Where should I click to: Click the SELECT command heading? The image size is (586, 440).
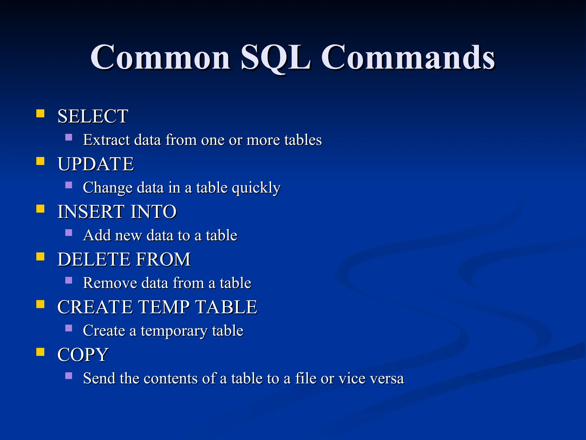coord(93,116)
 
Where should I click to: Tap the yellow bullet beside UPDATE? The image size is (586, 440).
coord(40,161)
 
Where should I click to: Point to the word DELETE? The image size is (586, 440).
coord(93,259)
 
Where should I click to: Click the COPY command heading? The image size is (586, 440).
coord(83,355)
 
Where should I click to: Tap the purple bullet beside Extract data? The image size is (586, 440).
coord(69,137)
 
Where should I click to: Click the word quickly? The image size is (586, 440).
coord(256,188)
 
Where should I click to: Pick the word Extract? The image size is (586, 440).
coord(106,140)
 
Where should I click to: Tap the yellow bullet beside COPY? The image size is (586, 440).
coord(40,352)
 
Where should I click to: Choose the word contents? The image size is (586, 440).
coord(171,378)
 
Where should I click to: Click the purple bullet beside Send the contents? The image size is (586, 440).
coord(69,376)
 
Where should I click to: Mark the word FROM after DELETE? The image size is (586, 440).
coord(163,259)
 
